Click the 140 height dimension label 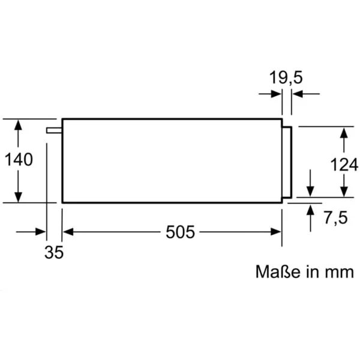(x=19, y=160)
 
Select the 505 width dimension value (x=180, y=232)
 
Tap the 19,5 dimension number (x=286, y=77)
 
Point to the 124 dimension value (x=344, y=164)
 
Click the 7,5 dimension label (x=336, y=217)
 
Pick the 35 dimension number (x=54, y=252)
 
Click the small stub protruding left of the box (x=54, y=130)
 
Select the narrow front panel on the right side (x=287, y=162)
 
